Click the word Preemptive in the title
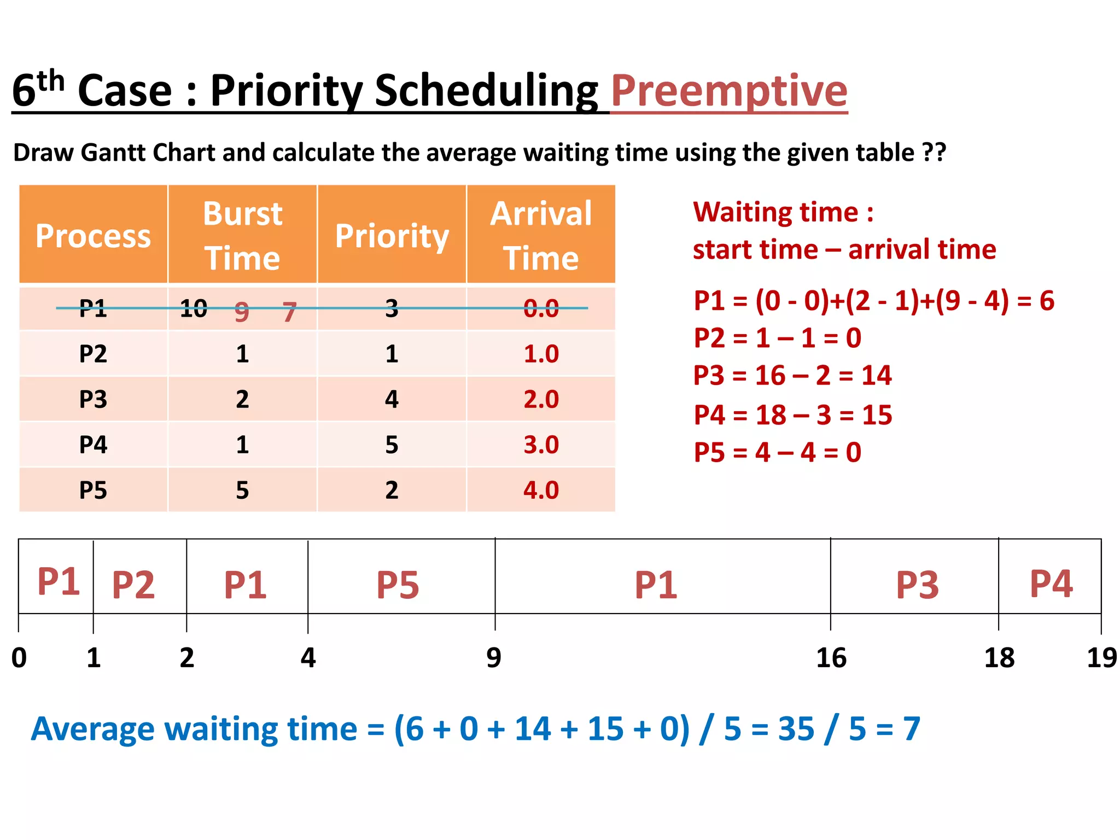(729, 91)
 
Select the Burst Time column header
(242, 235)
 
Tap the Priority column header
(392, 235)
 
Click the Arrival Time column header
(541, 235)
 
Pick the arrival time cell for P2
(541, 354)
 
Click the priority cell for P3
(392, 399)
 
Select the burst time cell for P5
(242, 490)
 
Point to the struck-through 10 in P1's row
(194, 308)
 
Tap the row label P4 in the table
(93, 445)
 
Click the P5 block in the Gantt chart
(398, 584)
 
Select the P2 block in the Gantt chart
(133, 584)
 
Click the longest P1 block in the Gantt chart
(656, 584)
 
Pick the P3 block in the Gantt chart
(917, 584)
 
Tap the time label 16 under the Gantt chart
(831, 657)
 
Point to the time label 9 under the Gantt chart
(494, 657)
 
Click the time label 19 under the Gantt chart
(1101, 657)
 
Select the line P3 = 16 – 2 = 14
(792, 376)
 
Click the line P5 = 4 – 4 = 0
(778, 452)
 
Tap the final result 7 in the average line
(911, 729)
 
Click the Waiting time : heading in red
(783, 212)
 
